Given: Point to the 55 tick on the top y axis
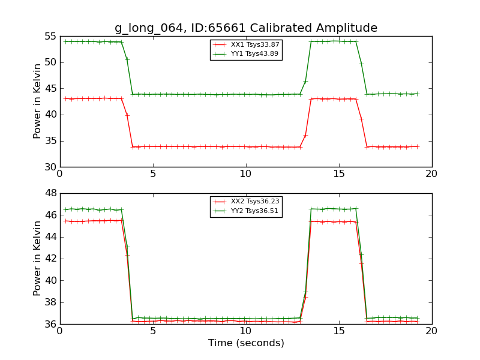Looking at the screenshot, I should [50, 37].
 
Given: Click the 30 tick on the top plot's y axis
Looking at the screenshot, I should [50, 167].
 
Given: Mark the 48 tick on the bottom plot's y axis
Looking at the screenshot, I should [50, 193].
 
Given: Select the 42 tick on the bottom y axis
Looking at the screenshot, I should [50, 259].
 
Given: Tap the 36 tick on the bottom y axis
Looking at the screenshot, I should [50, 325].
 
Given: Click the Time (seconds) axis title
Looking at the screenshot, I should [246, 343].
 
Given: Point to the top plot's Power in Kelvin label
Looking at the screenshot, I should [37, 101].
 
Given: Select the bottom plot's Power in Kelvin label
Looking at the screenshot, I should [37, 259].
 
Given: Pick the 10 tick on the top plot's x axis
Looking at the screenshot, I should [245, 175].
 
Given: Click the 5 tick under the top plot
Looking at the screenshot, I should [152, 175].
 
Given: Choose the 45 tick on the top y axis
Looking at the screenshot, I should [50, 89].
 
